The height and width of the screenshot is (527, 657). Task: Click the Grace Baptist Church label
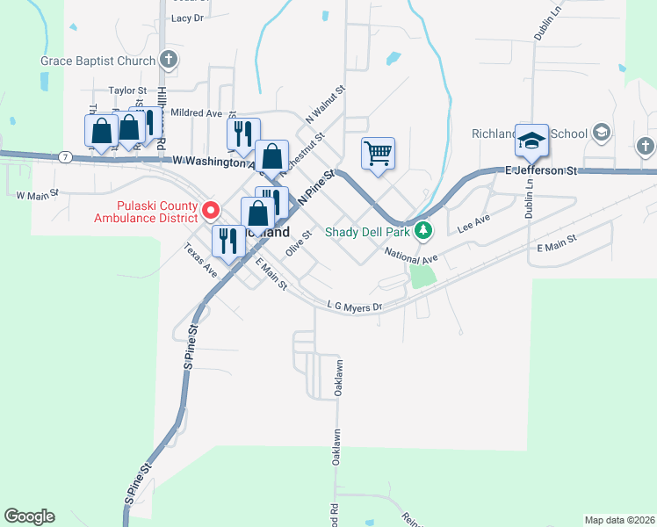click(x=97, y=61)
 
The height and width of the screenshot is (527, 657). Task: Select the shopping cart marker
click(x=378, y=154)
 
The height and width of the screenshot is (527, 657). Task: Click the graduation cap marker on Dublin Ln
click(x=531, y=141)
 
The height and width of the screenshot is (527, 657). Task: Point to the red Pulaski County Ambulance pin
click(x=210, y=210)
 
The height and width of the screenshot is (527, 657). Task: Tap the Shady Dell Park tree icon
click(x=425, y=232)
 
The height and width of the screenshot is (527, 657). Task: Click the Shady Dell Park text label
click(x=368, y=232)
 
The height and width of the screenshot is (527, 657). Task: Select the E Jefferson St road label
click(x=539, y=170)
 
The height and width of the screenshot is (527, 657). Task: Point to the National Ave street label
click(x=411, y=254)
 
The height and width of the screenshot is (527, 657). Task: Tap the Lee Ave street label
click(x=474, y=224)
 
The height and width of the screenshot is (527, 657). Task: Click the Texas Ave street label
click(x=201, y=261)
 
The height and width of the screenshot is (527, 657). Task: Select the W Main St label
click(x=37, y=193)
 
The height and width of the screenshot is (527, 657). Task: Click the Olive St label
click(x=300, y=242)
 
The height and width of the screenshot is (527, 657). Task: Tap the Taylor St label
click(x=126, y=90)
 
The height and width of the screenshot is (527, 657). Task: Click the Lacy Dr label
click(x=187, y=18)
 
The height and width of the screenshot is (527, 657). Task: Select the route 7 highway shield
click(x=66, y=157)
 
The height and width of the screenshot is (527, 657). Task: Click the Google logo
click(x=29, y=516)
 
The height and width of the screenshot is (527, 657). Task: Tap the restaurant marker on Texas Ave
click(x=228, y=242)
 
